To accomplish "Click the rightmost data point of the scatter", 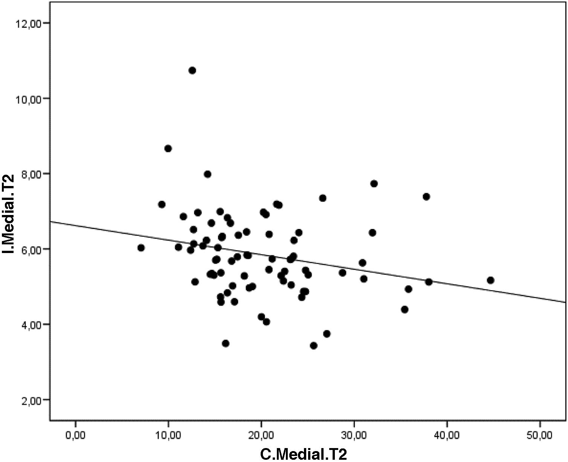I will pyautogui.click(x=490, y=281).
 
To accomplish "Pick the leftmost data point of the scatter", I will pyautogui.click(x=141, y=248).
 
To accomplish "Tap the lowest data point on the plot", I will pyautogui.click(x=314, y=346).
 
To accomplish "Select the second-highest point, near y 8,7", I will pyautogui.click(x=168, y=149).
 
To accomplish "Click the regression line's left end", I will pyautogui.click(x=51, y=221).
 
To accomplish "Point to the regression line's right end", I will pyautogui.click(x=565, y=302).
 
